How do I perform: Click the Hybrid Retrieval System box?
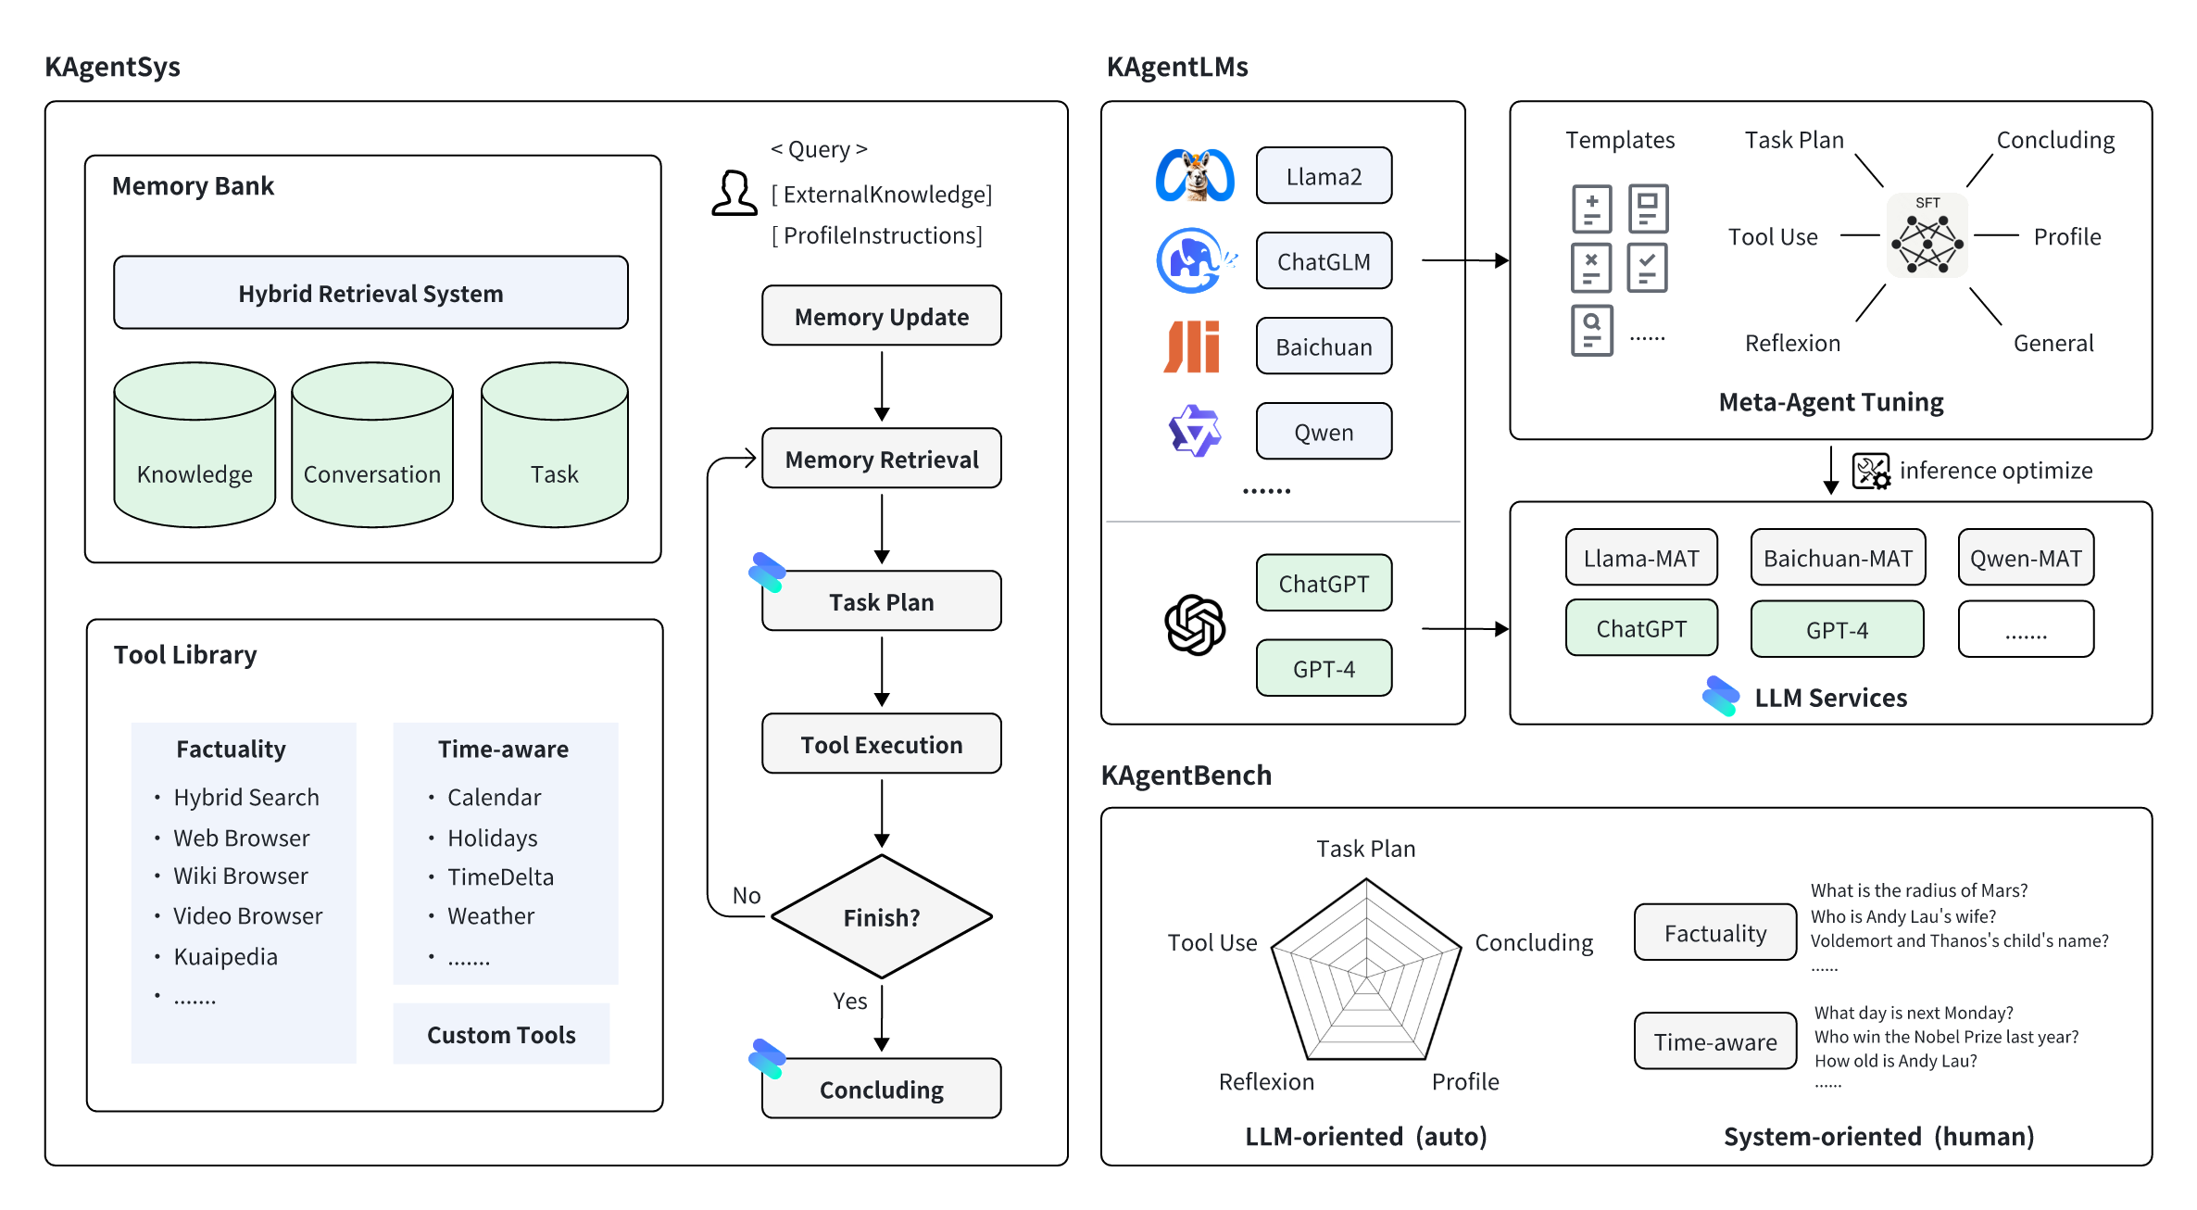[370, 293]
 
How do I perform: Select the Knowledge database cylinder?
[195, 445]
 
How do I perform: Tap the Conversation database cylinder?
[372, 445]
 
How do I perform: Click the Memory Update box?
[882, 316]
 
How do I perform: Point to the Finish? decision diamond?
[882, 916]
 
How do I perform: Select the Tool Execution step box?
[882, 744]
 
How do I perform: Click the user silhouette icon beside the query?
[734, 193]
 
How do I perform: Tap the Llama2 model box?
[1324, 176]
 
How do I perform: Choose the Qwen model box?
[1324, 432]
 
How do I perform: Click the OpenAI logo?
[1195, 625]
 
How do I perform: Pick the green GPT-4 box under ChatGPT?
[1324, 668]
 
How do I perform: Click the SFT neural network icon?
[1927, 236]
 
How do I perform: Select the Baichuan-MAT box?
[1838, 558]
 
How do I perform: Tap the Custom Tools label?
[501, 1035]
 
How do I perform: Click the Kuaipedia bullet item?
[225, 956]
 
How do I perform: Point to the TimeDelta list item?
[500, 876]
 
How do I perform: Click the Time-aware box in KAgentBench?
[1715, 1041]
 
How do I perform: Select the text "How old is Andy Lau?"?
[1896, 1061]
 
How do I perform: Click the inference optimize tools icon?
[1871, 471]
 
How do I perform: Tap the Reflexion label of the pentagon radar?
[1266, 1082]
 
